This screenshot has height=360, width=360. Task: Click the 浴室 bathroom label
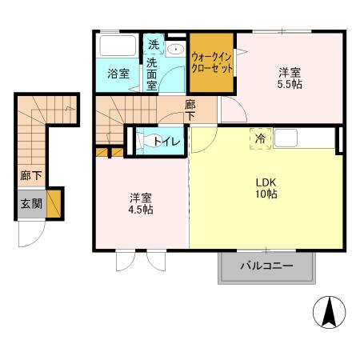click(118, 74)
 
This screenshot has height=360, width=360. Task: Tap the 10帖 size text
click(266, 194)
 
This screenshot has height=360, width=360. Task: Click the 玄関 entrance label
click(31, 204)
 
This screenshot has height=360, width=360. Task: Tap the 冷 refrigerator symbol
click(260, 138)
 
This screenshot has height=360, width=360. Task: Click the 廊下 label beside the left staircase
click(30, 174)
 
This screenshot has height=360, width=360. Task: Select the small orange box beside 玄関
click(54, 204)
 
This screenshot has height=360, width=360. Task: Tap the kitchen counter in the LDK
click(304, 138)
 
